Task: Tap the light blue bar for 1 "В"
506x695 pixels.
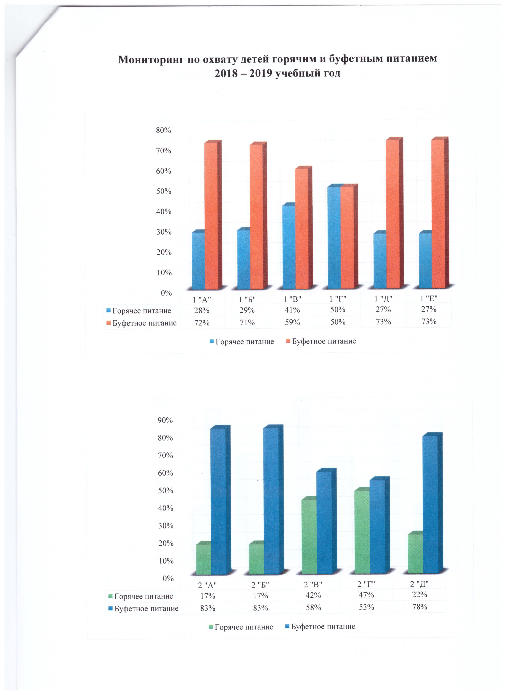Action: point(289,247)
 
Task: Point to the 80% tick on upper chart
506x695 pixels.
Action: point(163,130)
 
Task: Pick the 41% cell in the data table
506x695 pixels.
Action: point(292,310)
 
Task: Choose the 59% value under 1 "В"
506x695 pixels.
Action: point(292,322)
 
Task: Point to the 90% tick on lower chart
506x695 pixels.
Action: point(165,420)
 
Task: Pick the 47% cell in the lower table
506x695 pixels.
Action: point(366,595)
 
